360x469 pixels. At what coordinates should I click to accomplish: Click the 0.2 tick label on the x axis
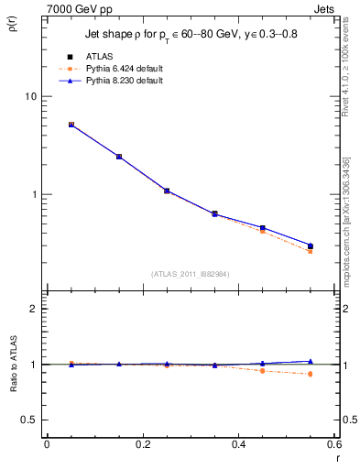[x=142, y=444]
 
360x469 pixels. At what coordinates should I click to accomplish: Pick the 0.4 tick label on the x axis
[x=238, y=444]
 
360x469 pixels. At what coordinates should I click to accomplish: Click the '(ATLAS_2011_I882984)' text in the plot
[x=191, y=274]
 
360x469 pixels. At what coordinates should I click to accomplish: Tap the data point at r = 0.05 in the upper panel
[x=71, y=125]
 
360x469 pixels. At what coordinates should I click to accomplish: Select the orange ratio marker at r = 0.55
[x=311, y=374]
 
